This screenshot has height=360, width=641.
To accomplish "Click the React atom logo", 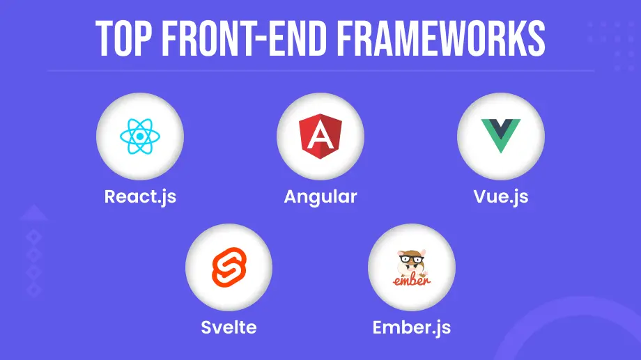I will [140, 136].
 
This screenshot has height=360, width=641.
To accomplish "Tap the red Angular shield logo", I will [320, 136].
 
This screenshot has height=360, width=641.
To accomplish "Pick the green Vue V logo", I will [500, 136].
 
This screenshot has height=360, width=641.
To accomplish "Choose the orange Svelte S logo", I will [229, 267].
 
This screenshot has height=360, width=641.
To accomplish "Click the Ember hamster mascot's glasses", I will [411, 260].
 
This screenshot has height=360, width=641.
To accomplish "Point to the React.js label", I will [140, 196].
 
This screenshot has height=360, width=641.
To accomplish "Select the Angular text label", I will [320, 196].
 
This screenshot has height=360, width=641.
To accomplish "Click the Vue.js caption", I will [500, 196].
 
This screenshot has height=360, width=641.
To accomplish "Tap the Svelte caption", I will [229, 326].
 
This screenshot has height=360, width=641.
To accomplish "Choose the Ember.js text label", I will [411, 326].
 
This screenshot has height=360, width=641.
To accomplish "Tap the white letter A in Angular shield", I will [320, 137].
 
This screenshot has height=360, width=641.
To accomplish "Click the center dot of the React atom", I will [140, 136].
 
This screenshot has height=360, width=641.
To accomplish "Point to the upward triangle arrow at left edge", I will [33, 214].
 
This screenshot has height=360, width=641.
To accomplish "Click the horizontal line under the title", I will [320, 71].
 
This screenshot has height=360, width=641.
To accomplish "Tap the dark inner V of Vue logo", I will [500, 128].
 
